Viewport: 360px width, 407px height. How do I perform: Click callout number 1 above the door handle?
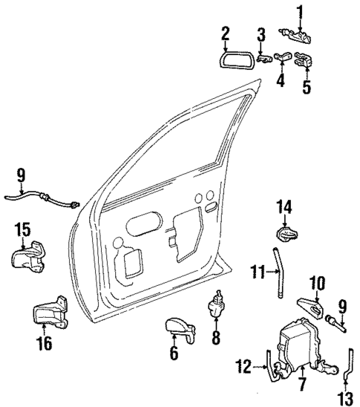(x=301, y=11)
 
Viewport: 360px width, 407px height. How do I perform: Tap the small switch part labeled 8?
(x=217, y=306)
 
